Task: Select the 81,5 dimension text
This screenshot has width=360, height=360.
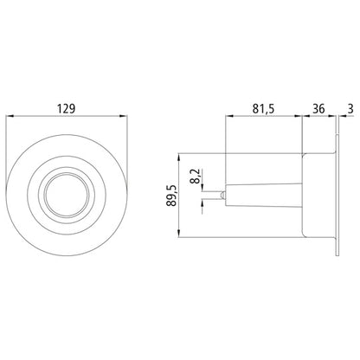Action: coord(262,108)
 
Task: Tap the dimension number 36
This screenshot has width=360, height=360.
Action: coord(317,108)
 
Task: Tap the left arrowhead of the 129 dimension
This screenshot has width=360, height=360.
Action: coord(11,117)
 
